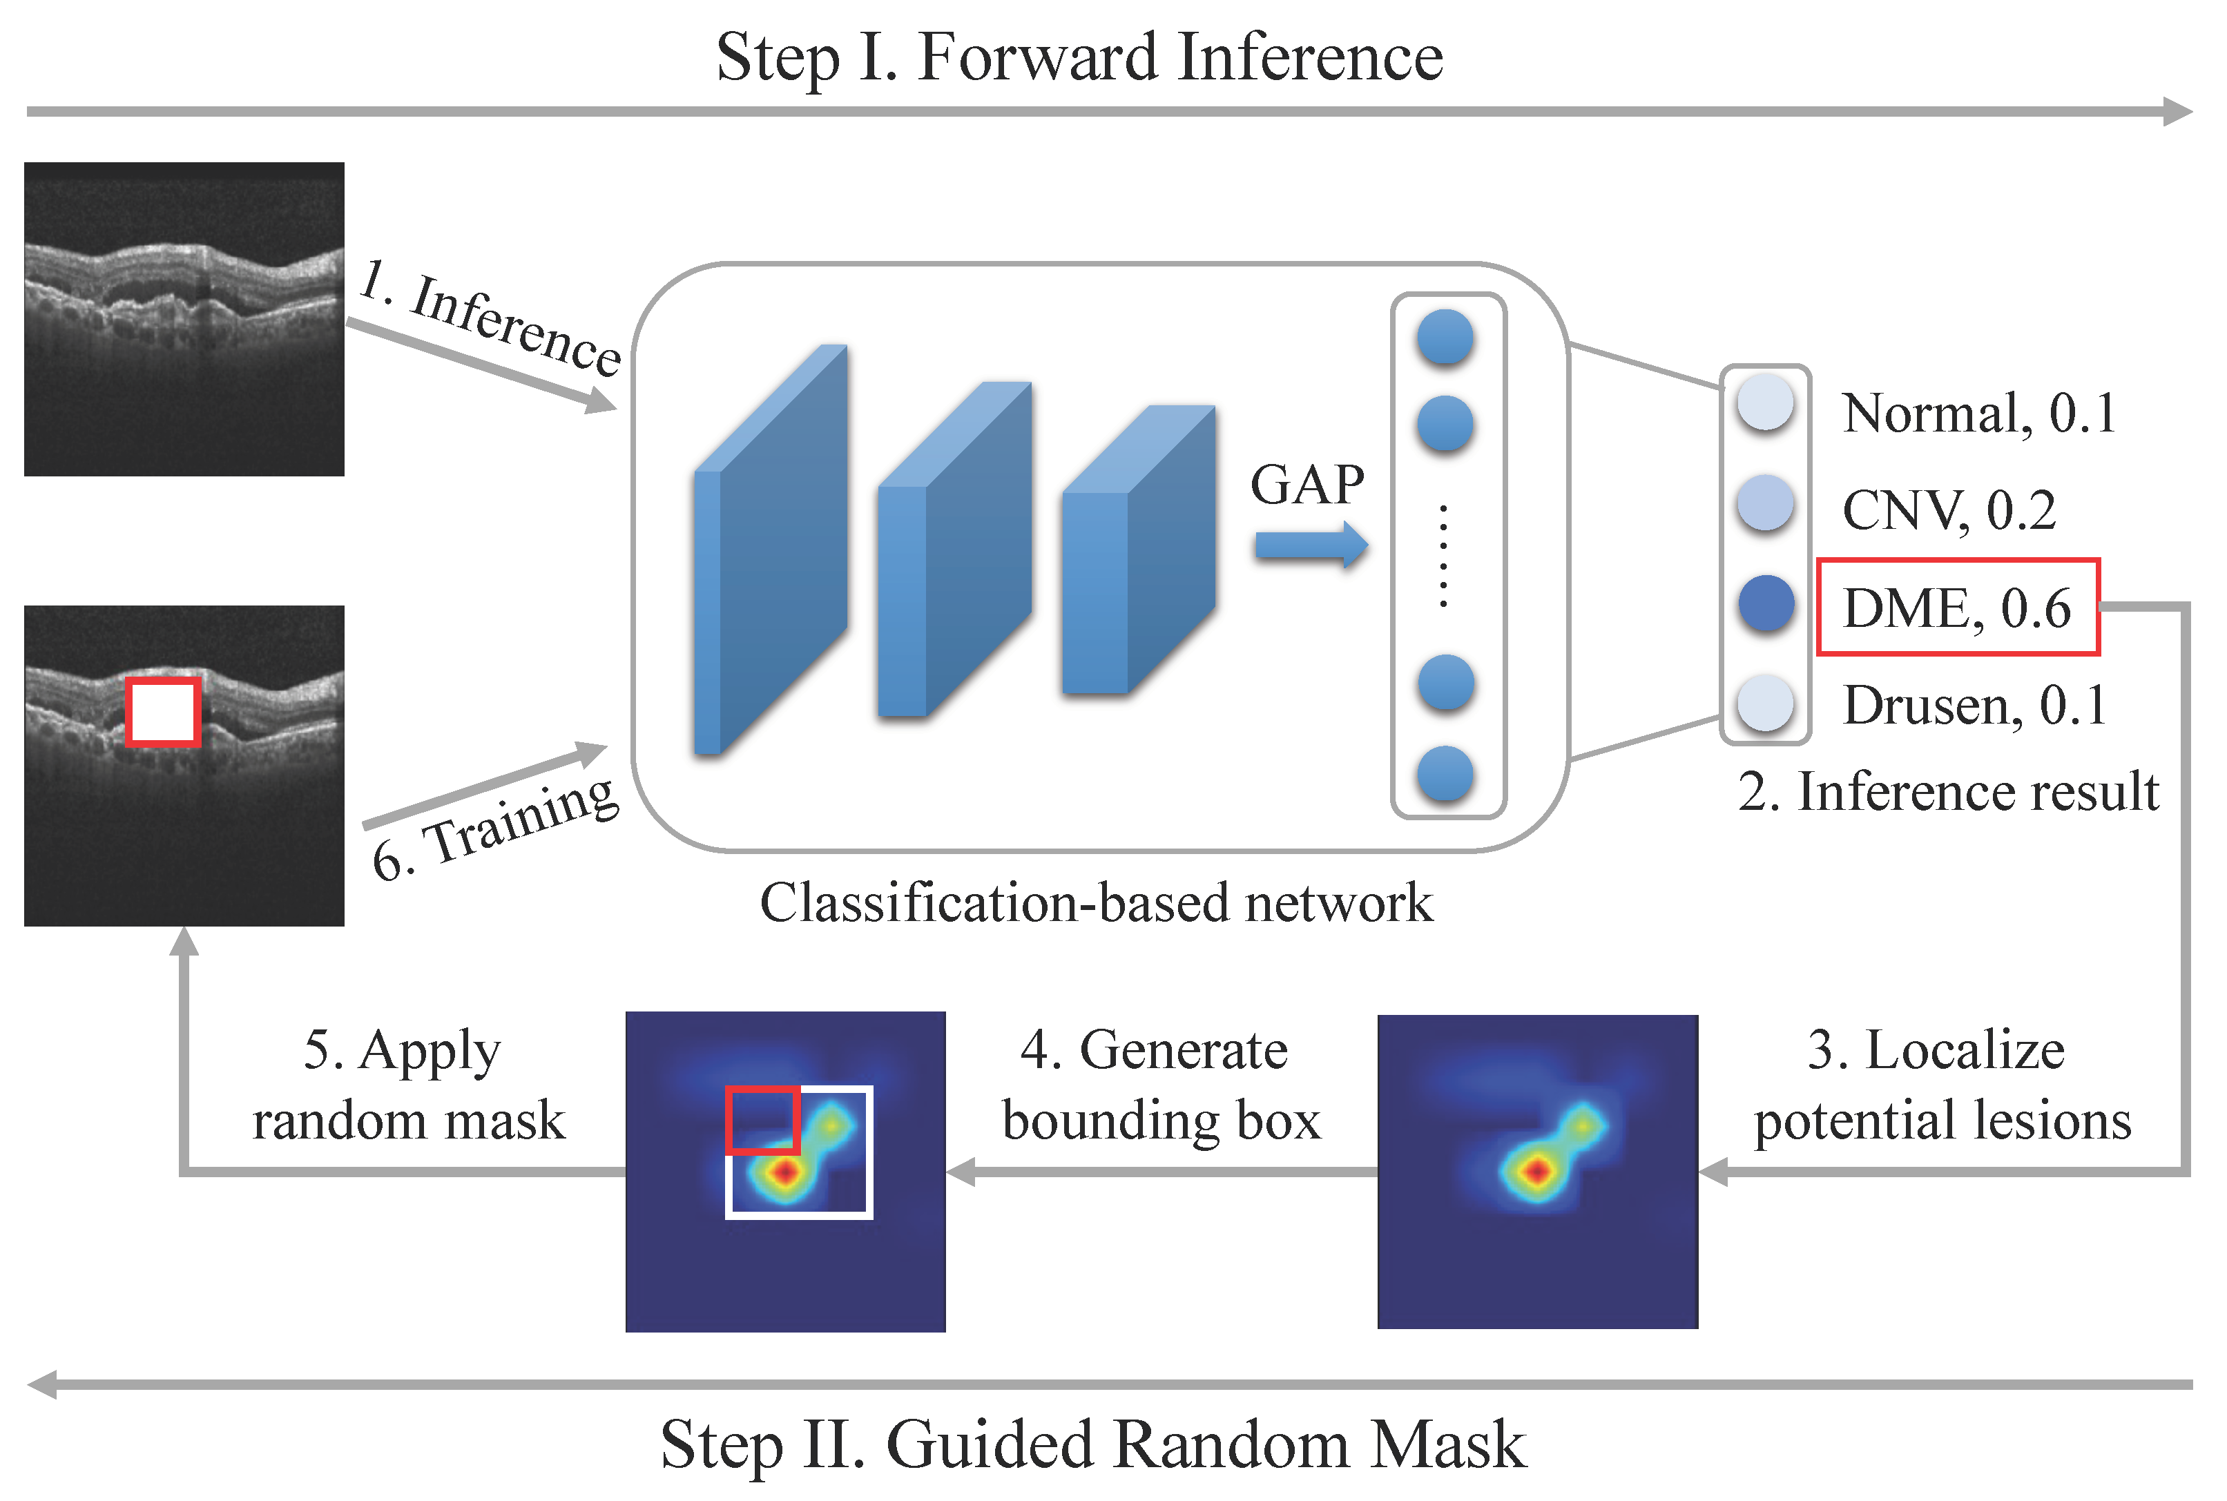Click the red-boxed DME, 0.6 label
point(1957,607)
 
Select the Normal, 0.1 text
point(1978,414)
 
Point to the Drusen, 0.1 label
point(1974,706)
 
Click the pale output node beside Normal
point(1764,403)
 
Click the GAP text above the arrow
point(1307,485)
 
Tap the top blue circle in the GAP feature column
point(1445,337)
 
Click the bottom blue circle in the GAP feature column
point(1445,773)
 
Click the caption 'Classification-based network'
point(1097,902)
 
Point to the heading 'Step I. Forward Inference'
point(1079,57)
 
